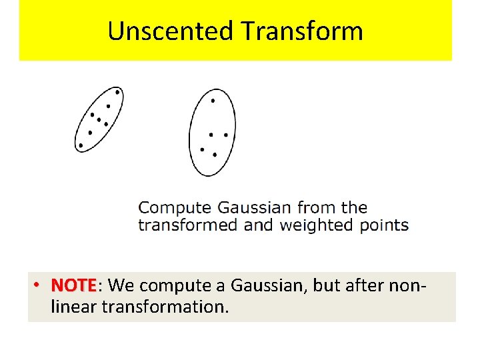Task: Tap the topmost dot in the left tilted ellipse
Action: click(x=117, y=92)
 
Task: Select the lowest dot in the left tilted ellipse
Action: click(x=81, y=145)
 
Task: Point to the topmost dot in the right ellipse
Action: click(x=213, y=101)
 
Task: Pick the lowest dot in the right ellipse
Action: click(x=215, y=155)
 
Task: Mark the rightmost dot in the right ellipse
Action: click(x=226, y=135)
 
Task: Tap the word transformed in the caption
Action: click(x=187, y=225)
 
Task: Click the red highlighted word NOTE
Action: click(x=74, y=285)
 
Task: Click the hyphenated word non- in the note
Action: click(x=407, y=285)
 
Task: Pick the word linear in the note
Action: click(x=70, y=307)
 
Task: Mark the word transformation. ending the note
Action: click(x=162, y=307)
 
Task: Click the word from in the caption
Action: click(x=317, y=208)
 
